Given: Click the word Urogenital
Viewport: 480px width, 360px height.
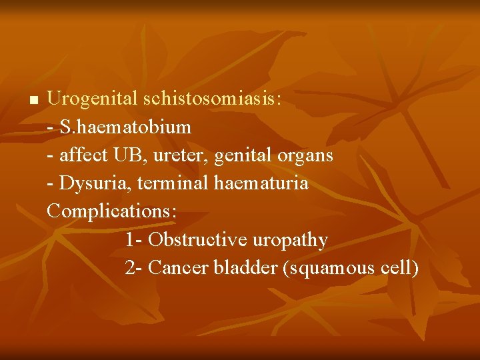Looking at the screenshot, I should point(93,99).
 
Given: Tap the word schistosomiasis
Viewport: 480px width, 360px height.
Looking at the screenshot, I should point(212,99).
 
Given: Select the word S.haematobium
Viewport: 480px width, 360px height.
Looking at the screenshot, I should point(125,127).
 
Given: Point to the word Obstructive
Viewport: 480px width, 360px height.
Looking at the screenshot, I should point(196,239).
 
